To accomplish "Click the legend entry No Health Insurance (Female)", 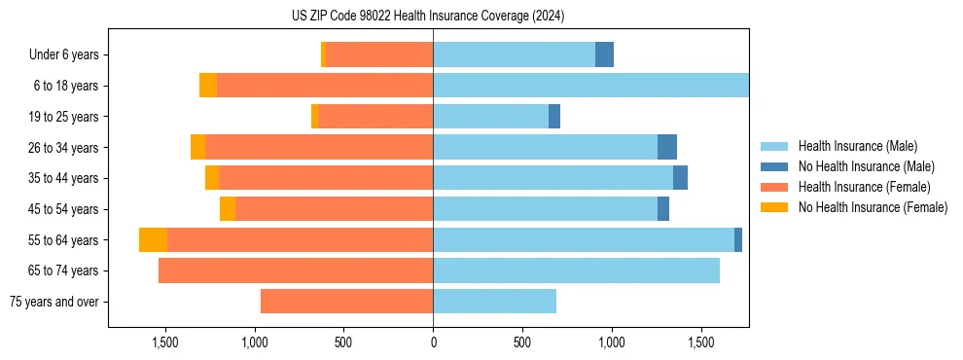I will pos(873,207).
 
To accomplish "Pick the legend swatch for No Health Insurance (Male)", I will pos(776,166).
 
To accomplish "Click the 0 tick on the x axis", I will pos(433,343).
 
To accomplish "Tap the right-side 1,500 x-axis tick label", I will pos(701,343).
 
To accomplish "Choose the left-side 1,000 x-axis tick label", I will pos(254,343).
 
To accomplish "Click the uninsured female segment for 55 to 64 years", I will pos(153,240).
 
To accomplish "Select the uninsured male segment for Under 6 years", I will pos(604,55).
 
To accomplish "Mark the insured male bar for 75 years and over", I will pos(494,302).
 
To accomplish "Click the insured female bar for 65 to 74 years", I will pos(296,270).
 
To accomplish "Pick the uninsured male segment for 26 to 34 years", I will pos(667,148).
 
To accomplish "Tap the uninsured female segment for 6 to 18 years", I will pos(208,86).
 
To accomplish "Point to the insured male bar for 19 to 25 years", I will pos(490,117).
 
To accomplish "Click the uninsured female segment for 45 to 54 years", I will pos(228,209).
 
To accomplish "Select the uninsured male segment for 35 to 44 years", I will pos(680,178).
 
